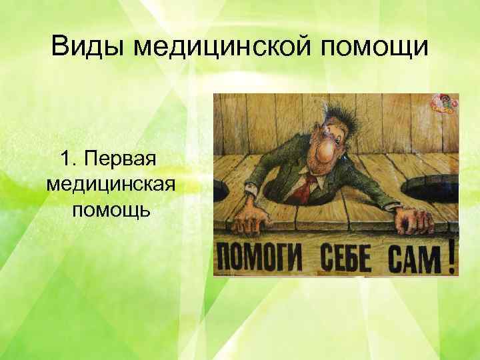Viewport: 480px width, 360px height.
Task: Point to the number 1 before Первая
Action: tap(65, 159)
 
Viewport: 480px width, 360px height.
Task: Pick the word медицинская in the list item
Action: tap(111, 185)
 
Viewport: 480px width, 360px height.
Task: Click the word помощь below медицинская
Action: tap(111, 210)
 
